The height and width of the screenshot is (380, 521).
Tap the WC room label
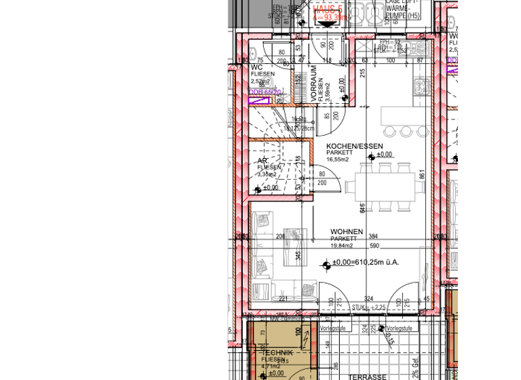coord(256,68)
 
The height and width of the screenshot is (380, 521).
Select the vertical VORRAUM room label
coord(314,84)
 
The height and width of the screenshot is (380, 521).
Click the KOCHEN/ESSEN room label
coord(354,147)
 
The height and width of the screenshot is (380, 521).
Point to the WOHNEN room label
coord(347,232)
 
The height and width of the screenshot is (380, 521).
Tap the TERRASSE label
coord(367,377)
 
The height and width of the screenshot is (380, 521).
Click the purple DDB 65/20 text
coord(265,92)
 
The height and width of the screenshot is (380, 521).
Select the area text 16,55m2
coord(337,159)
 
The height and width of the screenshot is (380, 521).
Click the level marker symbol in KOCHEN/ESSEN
coord(370,157)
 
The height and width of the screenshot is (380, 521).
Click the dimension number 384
coord(373,237)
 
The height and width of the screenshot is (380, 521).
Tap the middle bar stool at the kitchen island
coord(406,131)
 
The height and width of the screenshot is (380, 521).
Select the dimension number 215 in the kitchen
coord(363,73)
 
